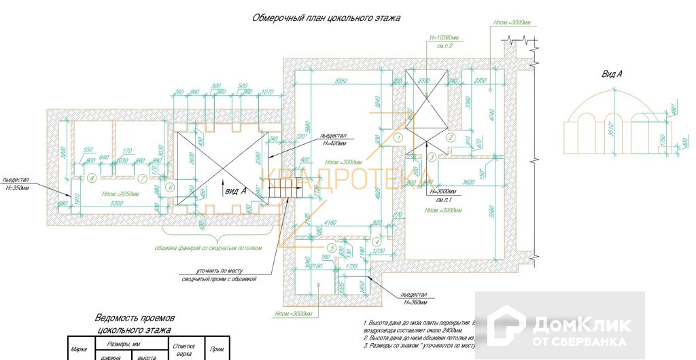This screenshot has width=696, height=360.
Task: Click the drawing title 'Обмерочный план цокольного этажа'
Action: pos(326,18)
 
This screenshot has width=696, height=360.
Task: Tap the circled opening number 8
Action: pos(92,179)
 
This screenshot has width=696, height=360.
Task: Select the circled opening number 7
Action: pos(142,179)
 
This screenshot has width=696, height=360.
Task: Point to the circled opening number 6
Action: pos(170,187)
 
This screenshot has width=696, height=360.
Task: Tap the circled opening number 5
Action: pos(331,247)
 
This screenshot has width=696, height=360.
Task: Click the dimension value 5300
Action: pos(116,202)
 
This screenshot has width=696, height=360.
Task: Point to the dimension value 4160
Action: pos(331,221)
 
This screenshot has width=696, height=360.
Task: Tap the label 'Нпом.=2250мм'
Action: pos(120,193)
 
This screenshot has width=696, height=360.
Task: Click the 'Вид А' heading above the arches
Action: pos(612,73)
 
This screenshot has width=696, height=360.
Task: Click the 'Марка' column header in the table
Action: pos(79,349)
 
